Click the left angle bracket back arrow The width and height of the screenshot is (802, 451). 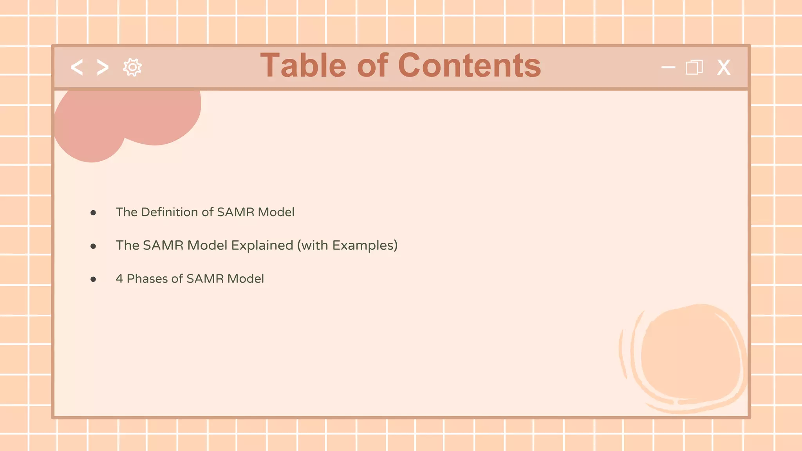77,67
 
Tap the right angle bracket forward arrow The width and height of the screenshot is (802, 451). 103,67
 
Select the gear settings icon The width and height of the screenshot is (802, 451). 132,67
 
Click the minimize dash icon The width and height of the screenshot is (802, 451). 668,67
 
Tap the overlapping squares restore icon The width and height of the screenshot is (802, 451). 694,67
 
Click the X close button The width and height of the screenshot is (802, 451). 724,67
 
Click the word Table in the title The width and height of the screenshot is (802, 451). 303,65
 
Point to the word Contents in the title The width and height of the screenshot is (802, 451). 470,65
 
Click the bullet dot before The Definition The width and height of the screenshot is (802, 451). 93,213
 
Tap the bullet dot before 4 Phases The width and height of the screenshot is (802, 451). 93,280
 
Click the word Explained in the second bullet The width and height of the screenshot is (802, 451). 262,245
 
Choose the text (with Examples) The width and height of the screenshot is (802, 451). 347,245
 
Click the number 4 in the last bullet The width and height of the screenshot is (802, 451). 119,279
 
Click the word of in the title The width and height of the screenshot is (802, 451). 372,65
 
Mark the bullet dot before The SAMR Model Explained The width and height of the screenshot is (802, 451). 93,246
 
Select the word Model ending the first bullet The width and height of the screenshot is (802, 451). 276,212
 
